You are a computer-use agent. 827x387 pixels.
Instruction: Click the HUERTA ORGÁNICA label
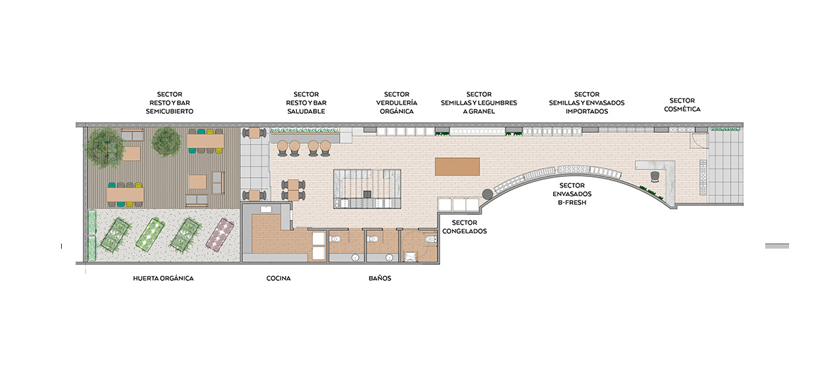[163, 278]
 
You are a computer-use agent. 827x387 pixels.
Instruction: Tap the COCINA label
[279, 278]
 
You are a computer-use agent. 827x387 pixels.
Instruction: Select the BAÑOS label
[380, 278]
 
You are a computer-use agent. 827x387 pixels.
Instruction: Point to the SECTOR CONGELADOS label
[465, 227]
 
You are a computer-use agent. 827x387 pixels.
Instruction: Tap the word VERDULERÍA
[397, 103]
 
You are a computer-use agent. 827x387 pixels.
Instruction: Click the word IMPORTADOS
[586, 112]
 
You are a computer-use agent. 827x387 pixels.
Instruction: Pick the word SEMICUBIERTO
[170, 112]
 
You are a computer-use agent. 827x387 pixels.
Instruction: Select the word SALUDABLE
[306, 112]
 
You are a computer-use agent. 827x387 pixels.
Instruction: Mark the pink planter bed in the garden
[219, 233]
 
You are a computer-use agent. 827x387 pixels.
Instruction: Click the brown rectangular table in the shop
[457, 166]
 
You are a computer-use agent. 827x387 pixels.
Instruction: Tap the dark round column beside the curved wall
[487, 195]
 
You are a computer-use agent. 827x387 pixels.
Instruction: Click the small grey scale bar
[777, 246]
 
